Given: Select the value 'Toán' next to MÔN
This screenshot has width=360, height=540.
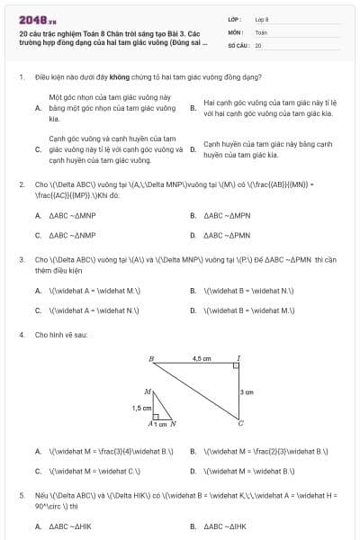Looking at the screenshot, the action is [261, 31].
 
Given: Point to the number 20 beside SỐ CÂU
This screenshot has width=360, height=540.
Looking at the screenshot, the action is [258, 44].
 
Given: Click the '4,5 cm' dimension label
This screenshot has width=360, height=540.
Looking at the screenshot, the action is [202, 358].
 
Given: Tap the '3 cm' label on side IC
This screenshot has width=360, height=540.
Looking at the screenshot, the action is [247, 392].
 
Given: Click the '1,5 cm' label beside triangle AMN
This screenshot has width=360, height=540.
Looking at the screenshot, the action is [141, 408].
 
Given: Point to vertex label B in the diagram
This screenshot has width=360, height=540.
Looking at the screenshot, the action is [151, 359].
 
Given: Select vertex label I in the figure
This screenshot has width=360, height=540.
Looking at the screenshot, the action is [238, 358].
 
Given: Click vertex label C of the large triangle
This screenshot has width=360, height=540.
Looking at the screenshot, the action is [240, 425].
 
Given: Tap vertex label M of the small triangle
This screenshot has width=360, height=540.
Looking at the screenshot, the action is [147, 391].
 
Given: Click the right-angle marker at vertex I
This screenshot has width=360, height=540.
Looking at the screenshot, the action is [235, 367].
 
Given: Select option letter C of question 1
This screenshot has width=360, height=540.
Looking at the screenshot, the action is [38, 149].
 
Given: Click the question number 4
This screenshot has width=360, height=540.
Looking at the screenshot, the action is [21, 335].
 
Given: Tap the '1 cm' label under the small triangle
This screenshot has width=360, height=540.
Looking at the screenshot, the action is [162, 424].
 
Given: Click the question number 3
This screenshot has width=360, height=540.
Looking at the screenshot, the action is [21, 258].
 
